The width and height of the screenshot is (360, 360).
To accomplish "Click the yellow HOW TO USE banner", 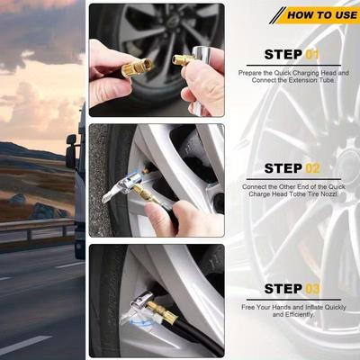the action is pos(318,15).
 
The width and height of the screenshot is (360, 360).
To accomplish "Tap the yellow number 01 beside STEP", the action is pos(312,55).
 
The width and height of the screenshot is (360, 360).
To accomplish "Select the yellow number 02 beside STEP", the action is pos(312,168).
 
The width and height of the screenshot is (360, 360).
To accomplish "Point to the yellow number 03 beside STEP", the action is pos(312,289).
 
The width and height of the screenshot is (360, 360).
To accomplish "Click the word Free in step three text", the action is pos(247,307).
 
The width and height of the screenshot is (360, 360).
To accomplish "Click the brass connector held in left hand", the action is pos(138,68).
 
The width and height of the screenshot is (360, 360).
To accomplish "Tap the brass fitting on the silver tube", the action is pos(183,59).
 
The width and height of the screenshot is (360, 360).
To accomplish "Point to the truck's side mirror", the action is pos(71,151).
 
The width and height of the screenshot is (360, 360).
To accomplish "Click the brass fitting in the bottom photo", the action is pos(162,310).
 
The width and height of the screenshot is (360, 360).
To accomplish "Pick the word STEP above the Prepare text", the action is pos(283,55).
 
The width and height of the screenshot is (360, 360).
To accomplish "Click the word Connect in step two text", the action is pos(254,186).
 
